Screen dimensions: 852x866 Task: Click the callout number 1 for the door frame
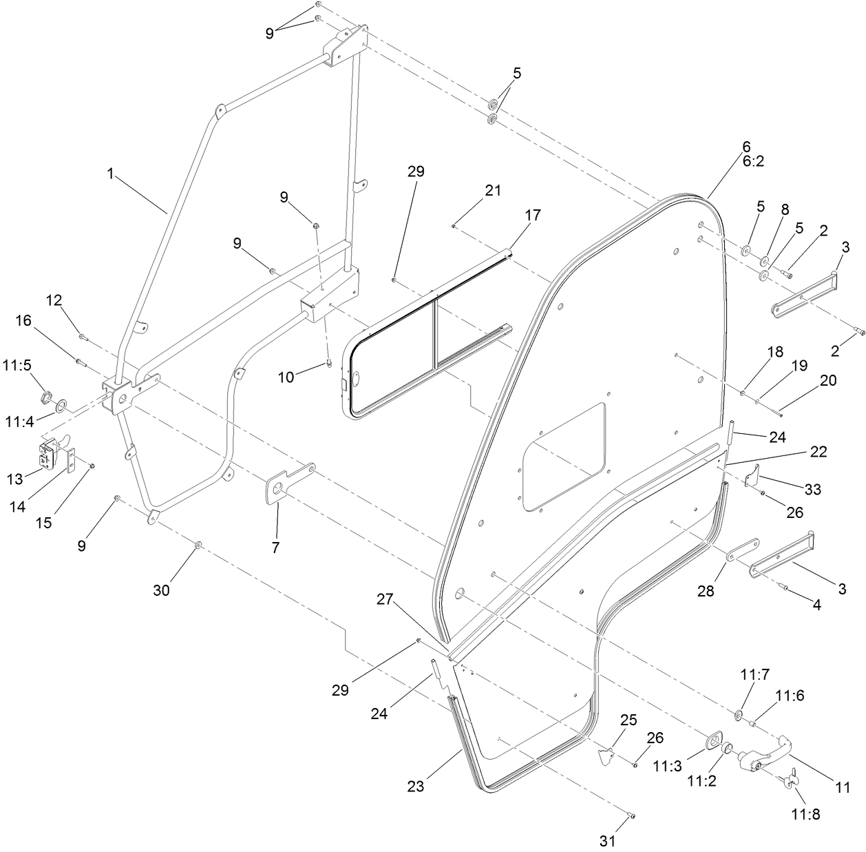point(110,174)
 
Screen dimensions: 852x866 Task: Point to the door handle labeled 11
point(764,754)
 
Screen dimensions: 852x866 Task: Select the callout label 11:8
point(805,814)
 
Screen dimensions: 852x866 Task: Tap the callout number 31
point(607,841)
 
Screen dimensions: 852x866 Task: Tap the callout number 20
point(828,380)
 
